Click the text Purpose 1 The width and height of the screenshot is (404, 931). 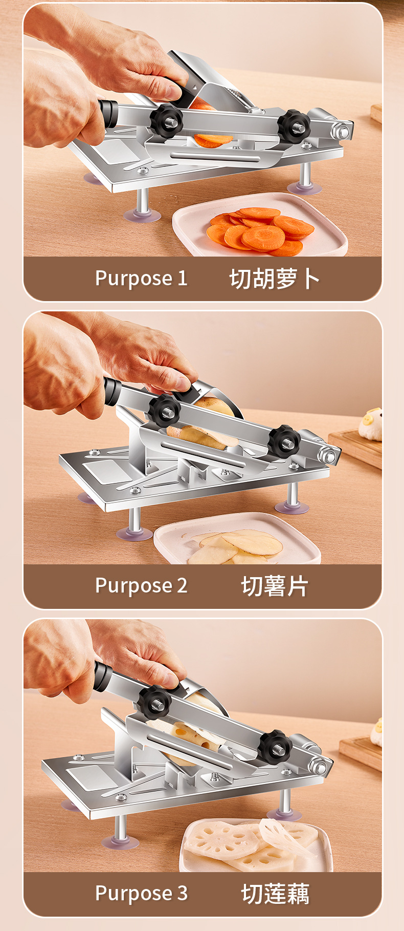coord(141,279)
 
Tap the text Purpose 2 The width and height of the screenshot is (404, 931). coord(141,586)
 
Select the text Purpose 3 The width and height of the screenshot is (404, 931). coord(141,893)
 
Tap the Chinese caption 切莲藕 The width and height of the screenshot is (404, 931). coord(275,894)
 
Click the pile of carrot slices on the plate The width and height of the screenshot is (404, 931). coord(261,231)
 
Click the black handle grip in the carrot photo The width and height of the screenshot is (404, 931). coord(108,114)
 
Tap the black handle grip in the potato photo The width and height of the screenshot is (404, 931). coord(112,392)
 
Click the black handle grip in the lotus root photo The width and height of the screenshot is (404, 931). coord(103,675)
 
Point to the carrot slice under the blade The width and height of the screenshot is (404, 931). coord(213,139)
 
